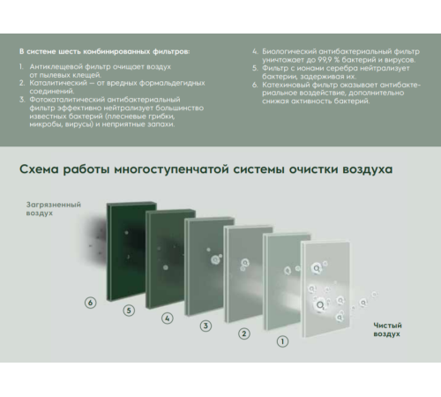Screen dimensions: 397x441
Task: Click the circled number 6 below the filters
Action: [x=89, y=303]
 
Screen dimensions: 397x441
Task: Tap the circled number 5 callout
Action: [x=129, y=310]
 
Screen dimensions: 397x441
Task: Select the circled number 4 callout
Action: [x=168, y=318]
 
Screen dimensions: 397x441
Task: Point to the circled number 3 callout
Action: [x=206, y=326]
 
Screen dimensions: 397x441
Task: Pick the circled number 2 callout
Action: [x=244, y=333]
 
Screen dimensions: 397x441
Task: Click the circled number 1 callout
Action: [x=282, y=341]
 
